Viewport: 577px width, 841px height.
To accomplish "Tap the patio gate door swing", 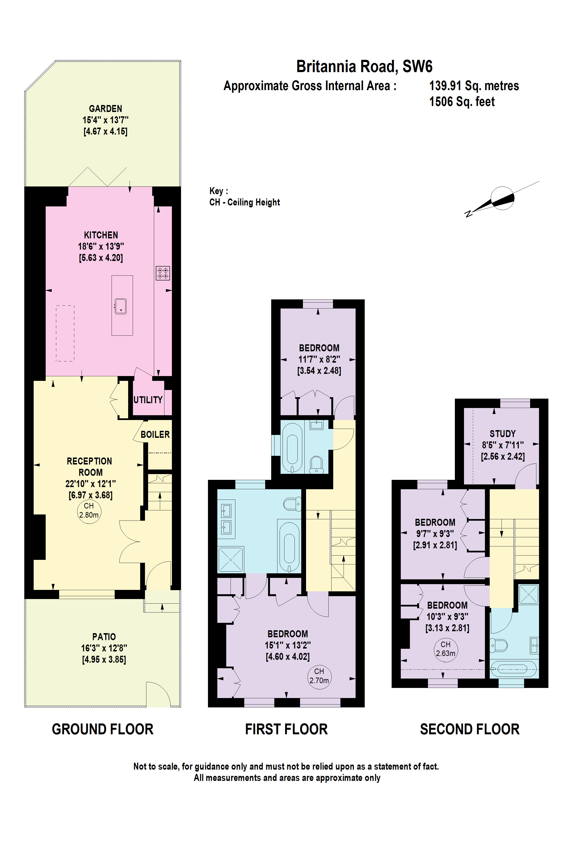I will (x=158, y=693).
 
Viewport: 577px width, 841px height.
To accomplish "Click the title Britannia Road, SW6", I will (x=364, y=67).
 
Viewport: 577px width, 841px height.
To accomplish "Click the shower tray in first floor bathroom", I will (x=231, y=559).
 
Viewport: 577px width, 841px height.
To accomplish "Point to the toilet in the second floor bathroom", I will (x=498, y=645).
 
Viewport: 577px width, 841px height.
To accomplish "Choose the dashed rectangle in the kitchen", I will (x=65, y=333).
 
